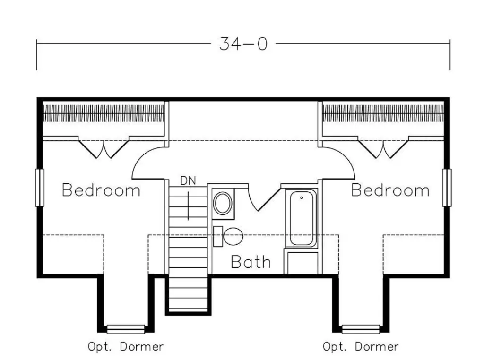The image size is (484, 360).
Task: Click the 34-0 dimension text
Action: pyautogui.click(x=243, y=44)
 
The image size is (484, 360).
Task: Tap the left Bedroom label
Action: pyautogui.click(x=101, y=190)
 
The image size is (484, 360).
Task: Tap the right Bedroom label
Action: pyautogui.click(x=390, y=190)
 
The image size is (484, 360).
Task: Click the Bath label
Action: pyautogui.click(x=251, y=262)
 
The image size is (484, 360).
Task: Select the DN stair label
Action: pyautogui.click(x=188, y=180)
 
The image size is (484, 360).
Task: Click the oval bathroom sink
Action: pyautogui.click(x=223, y=203)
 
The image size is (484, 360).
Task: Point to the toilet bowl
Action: pyautogui.click(x=233, y=236)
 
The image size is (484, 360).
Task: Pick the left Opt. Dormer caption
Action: pyautogui.click(x=126, y=347)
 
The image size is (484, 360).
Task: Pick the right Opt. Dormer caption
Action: pyautogui.click(x=361, y=347)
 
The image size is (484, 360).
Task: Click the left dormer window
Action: pyautogui.click(x=126, y=329)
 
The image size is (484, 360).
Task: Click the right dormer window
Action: pyautogui.click(x=361, y=329)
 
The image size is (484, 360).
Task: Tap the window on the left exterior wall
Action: pyautogui.click(x=40, y=188)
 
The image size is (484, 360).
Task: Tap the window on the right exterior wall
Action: pyautogui.click(x=447, y=188)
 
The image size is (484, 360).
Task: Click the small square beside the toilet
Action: pyautogui.click(x=217, y=236)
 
